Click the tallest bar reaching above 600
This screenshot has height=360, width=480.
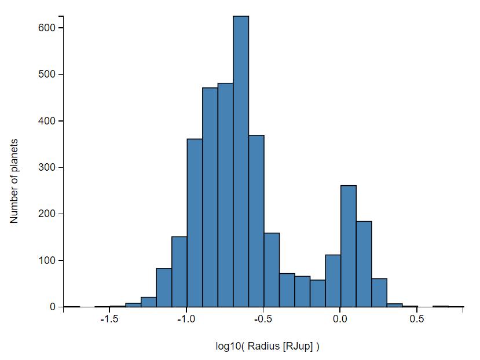[241, 162]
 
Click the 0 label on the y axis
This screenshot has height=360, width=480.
[52, 307]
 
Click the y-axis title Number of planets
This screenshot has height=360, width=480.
[14, 181]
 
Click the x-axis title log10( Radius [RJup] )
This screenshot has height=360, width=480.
[268, 346]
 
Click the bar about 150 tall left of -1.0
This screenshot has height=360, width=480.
[179, 272]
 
